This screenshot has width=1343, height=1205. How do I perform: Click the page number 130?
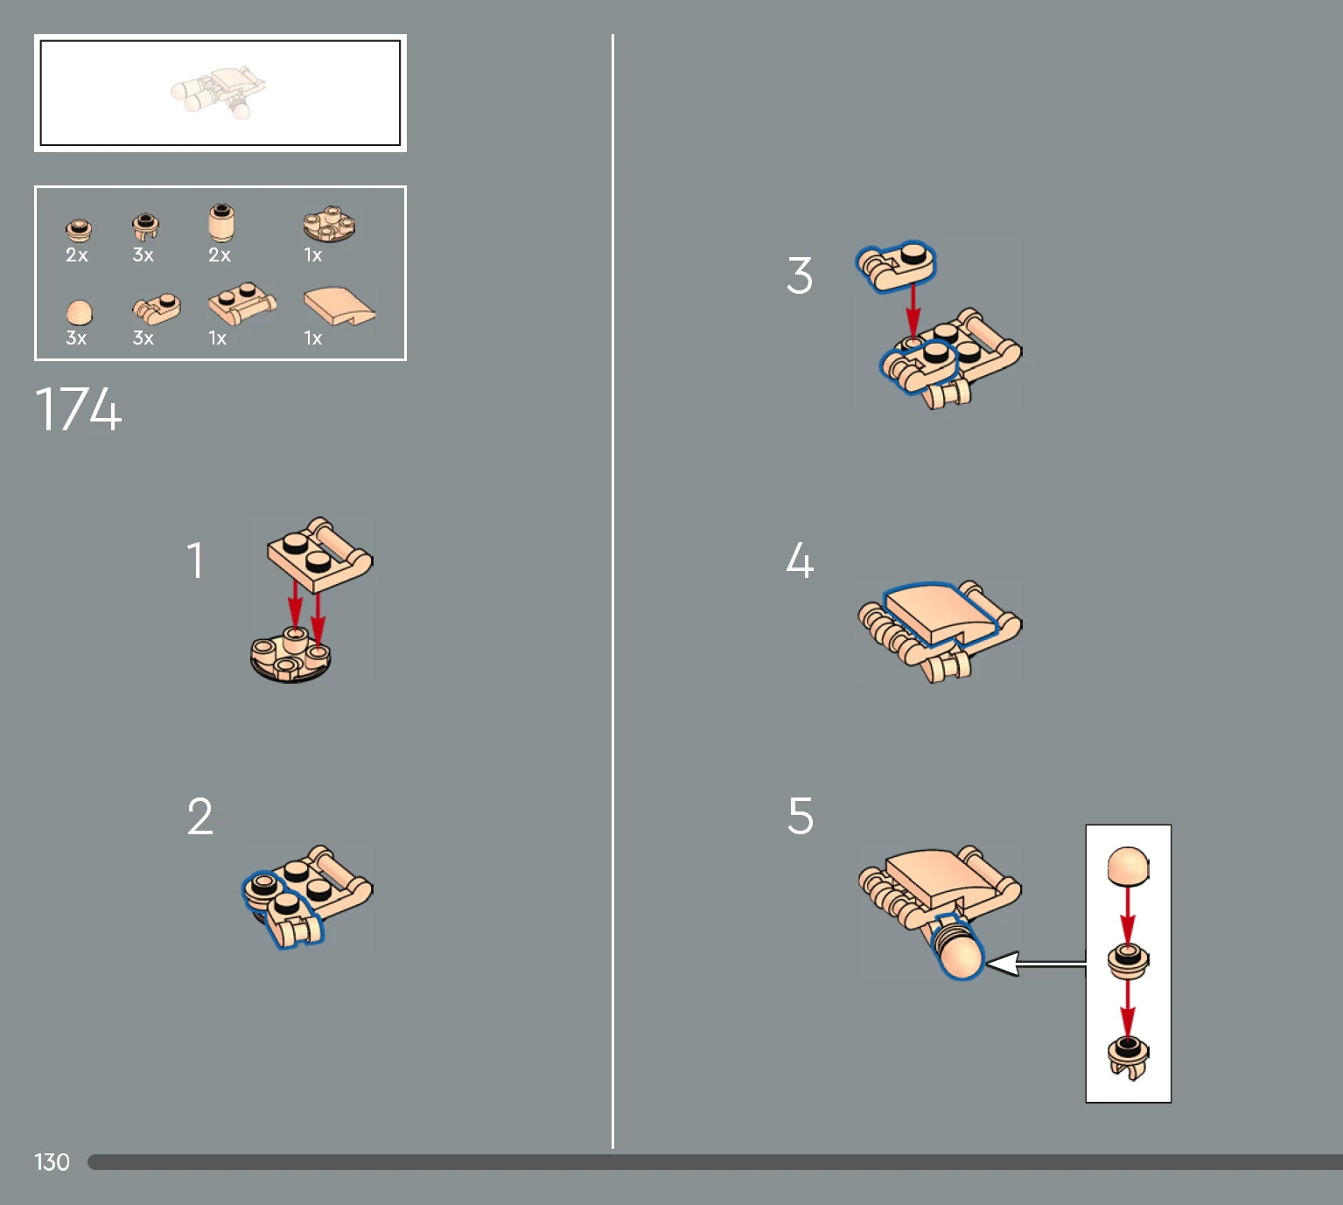[52, 1162]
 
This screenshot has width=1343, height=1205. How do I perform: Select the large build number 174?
[78, 409]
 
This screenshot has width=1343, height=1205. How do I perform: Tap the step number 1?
[195, 561]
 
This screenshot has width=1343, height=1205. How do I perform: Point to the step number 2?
[200, 816]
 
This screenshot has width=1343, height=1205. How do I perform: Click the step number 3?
[800, 275]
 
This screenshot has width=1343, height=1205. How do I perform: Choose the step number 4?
[800, 561]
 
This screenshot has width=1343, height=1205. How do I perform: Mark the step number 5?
[800, 816]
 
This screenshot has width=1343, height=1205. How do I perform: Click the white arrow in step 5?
[1035, 963]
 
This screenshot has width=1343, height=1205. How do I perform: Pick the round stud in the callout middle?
[1129, 960]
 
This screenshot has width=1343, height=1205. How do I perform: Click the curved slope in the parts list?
[339, 306]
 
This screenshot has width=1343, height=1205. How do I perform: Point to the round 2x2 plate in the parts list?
[330, 225]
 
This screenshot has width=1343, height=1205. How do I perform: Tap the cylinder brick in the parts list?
[221, 223]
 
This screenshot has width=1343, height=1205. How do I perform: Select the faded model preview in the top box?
[219, 92]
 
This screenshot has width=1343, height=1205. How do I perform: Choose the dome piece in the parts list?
[79, 313]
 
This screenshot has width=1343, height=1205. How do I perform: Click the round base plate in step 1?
[290, 656]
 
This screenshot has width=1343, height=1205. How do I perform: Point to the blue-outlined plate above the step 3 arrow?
[896, 267]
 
